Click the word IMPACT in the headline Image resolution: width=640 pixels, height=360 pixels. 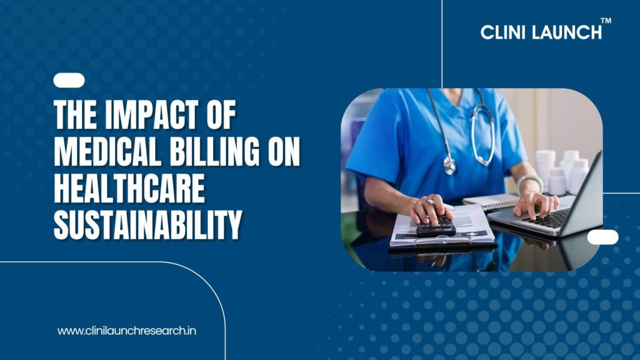[151, 115]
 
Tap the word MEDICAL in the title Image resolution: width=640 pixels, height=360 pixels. [107, 151]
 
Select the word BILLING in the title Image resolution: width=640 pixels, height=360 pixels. [214, 151]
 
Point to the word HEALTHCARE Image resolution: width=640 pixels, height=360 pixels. [129, 188]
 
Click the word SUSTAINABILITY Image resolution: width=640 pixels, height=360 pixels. [147, 224]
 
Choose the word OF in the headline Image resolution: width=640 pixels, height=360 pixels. [221, 115]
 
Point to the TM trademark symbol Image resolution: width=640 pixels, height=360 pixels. [606, 21]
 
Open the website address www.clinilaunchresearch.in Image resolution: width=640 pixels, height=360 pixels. [126, 331]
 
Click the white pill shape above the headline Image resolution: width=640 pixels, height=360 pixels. [69, 81]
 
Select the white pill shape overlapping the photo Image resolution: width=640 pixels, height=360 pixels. [603, 237]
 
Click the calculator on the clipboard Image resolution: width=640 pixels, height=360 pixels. [435, 226]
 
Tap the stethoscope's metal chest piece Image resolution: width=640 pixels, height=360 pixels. [450, 164]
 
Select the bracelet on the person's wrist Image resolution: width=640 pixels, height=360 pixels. [529, 183]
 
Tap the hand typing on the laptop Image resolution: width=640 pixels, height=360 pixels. [535, 204]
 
